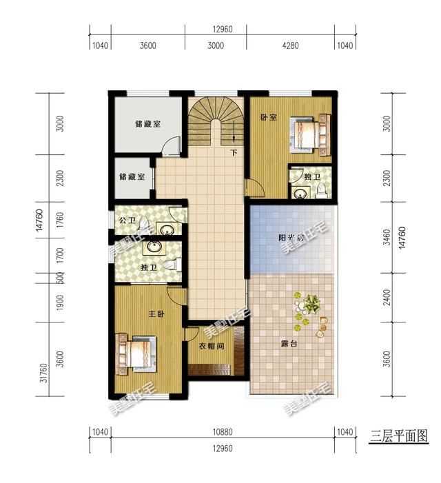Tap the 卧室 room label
coord(268,117)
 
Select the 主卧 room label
coord(156,314)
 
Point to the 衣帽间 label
coord(212,347)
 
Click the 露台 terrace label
coord(289,343)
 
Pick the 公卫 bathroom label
coord(127,220)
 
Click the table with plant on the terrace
coord(311,304)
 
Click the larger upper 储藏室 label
coord(147,125)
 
